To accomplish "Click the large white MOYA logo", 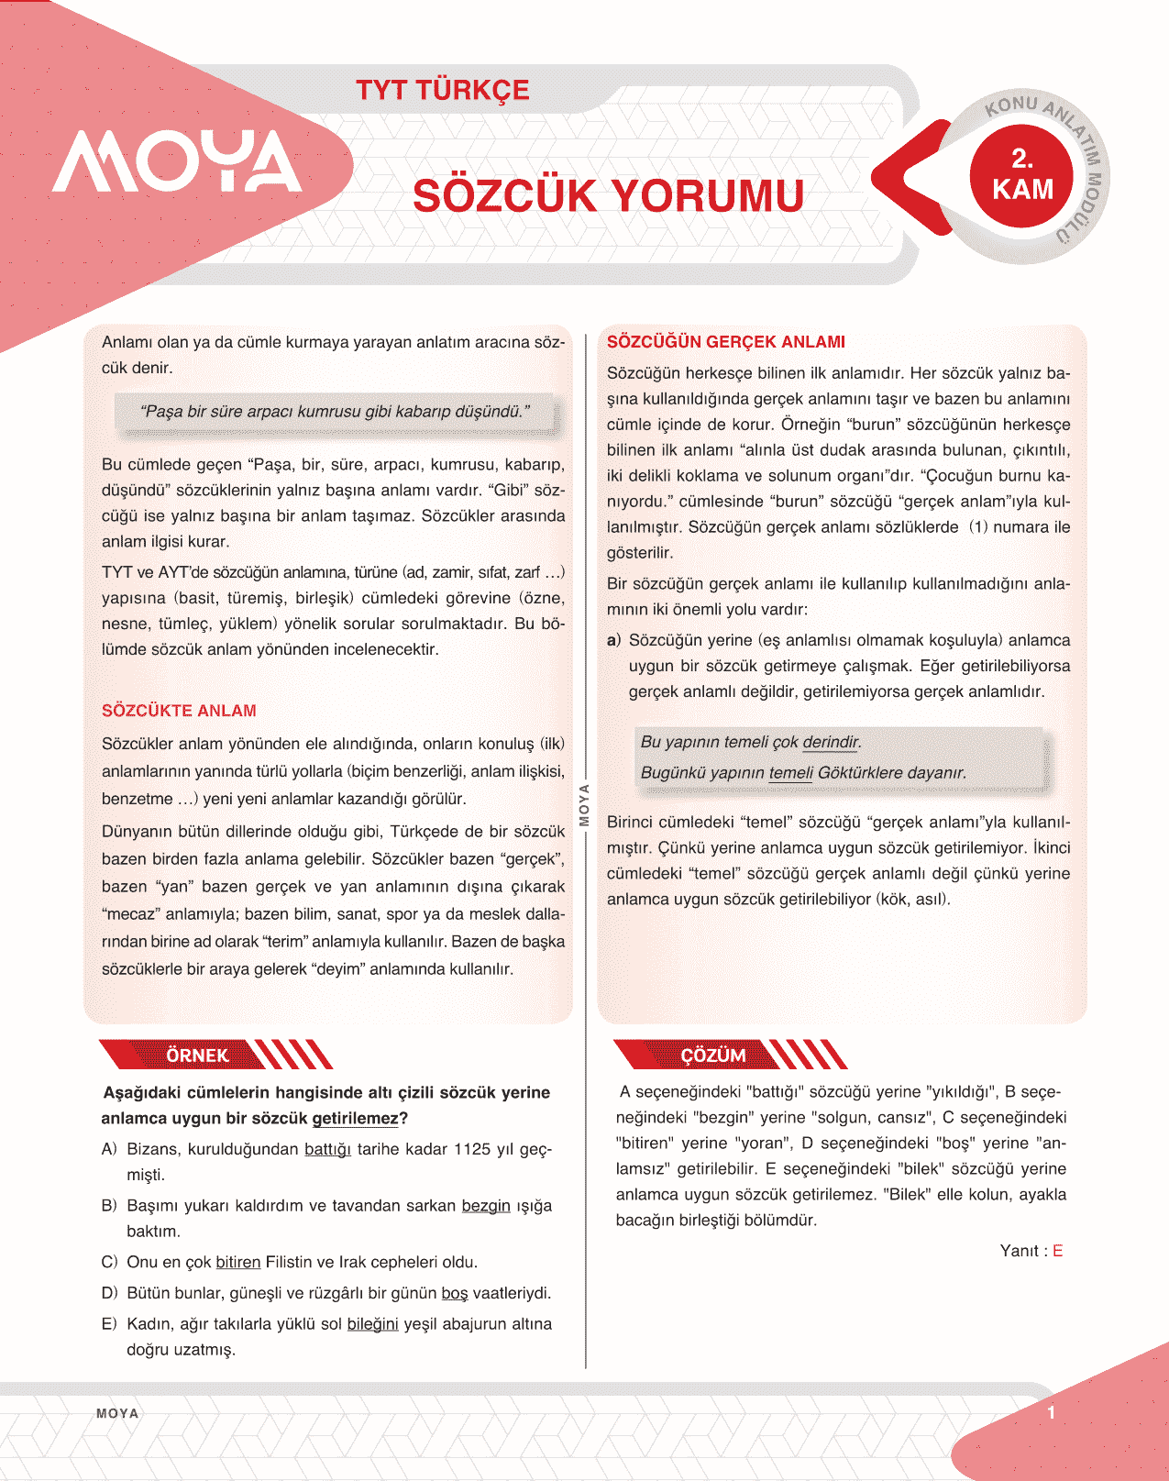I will click(x=177, y=162).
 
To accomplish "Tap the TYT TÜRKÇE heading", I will click(x=443, y=90).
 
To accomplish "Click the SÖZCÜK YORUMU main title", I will click(x=608, y=196).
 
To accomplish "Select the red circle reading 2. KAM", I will click(x=1022, y=174).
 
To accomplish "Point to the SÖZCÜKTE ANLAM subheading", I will click(x=179, y=711).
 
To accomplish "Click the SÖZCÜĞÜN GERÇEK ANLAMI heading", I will click(x=726, y=342).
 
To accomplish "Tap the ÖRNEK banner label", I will click(x=197, y=1055).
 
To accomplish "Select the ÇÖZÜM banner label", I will click(x=713, y=1055).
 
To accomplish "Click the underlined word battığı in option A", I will click(x=327, y=1149).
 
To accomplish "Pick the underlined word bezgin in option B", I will click(x=486, y=1205).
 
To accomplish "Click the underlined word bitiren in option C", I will click(x=238, y=1262).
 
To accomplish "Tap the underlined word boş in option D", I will click(x=455, y=1293).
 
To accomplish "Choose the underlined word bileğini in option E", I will click(x=372, y=1323).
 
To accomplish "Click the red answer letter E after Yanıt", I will click(x=1057, y=1251).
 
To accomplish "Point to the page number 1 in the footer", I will click(x=1052, y=1412).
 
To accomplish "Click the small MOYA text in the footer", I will click(x=117, y=1413).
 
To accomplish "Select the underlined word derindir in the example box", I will click(x=831, y=742).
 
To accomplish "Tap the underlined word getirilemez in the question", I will click(x=356, y=1118).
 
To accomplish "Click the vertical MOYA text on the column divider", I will click(x=584, y=805).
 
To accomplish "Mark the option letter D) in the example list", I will click(x=109, y=1293).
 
